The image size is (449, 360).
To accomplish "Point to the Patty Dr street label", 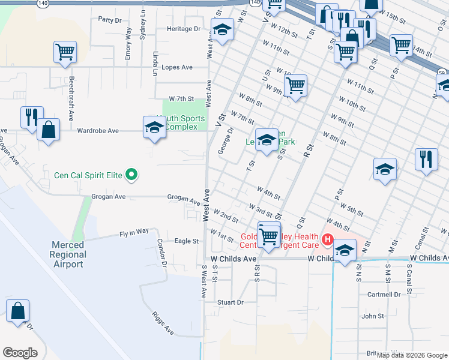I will (x=110, y=19).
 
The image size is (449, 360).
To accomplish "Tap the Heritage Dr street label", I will (x=184, y=29).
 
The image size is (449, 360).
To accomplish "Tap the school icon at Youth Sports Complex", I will (x=154, y=127).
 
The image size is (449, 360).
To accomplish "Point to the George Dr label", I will (x=226, y=140).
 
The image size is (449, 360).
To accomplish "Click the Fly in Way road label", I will (x=134, y=231).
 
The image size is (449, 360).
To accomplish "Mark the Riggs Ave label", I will (x=163, y=323).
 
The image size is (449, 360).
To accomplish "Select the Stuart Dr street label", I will (x=231, y=302).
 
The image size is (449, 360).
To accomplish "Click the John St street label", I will (x=373, y=316).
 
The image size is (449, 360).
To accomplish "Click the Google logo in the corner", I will (x=20, y=353).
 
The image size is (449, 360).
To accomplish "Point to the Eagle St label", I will (x=186, y=241).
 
